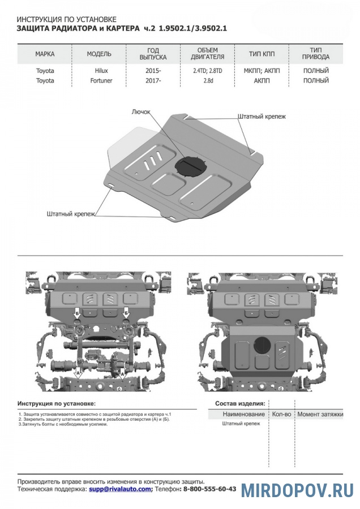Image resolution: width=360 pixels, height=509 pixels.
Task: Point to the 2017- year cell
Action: [152, 81]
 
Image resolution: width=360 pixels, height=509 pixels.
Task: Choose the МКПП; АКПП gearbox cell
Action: [258, 71]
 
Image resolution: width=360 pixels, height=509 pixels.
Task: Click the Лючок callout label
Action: [141, 112]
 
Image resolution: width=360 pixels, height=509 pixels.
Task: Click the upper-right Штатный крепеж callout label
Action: [262, 116]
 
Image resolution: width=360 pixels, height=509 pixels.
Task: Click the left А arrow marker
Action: [77, 374]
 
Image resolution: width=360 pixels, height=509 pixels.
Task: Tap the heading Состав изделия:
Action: [240, 404]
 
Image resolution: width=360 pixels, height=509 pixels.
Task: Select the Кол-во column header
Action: [281, 415]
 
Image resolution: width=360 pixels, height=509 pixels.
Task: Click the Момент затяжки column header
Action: [320, 415]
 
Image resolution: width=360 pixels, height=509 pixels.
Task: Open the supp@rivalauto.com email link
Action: [120, 489]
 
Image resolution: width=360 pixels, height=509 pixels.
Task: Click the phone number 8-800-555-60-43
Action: [209, 489]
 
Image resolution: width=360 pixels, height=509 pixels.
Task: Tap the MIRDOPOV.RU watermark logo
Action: [297, 490]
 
